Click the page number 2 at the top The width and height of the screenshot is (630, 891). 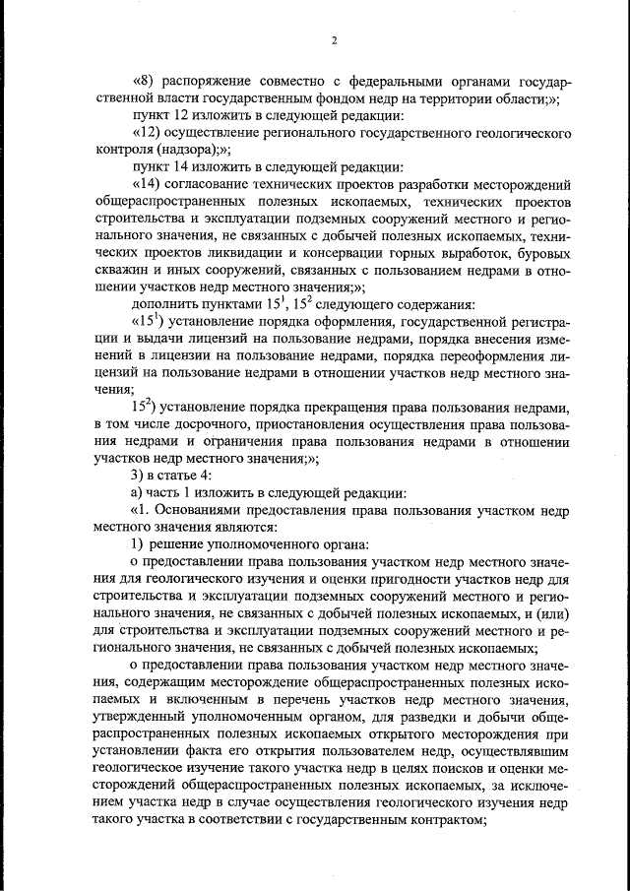tap(334, 40)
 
